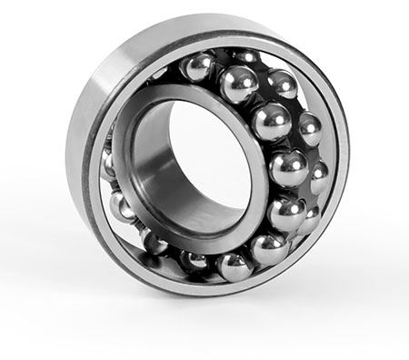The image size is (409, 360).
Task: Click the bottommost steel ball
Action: (x=234, y=266)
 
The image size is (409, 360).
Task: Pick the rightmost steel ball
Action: (x=319, y=177)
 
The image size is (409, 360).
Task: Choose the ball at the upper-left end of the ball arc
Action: (x=199, y=68)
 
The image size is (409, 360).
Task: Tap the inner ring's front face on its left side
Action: (x=136, y=168)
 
